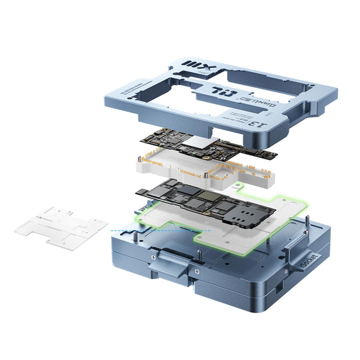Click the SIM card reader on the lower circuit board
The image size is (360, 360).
pyautogui.click(x=241, y=216)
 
